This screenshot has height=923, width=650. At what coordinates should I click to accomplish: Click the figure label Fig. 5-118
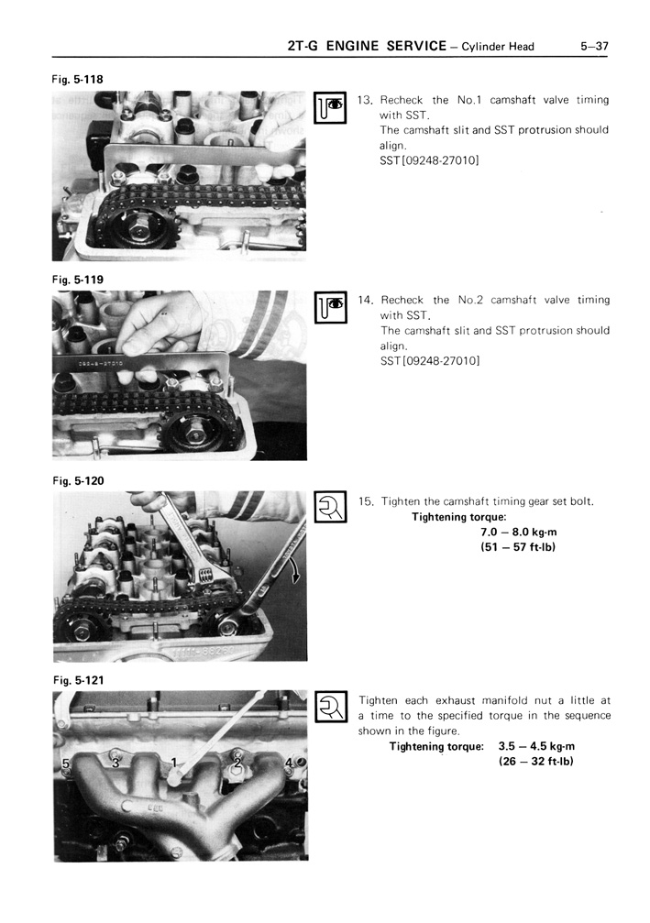pyautogui.click(x=77, y=79)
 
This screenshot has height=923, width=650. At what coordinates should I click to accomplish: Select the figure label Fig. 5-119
pyautogui.click(x=77, y=279)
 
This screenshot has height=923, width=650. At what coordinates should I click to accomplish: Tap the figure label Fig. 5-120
pyautogui.click(x=77, y=479)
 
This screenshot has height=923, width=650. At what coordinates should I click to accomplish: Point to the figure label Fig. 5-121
pyautogui.click(x=77, y=679)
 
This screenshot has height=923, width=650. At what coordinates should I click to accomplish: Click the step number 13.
pyautogui.click(x=365, y=100)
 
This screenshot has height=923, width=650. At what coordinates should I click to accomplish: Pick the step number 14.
pyautogui.click(x=365, y=300)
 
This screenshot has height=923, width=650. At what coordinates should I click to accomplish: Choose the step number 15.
pyautogui.click(x=365, y=500)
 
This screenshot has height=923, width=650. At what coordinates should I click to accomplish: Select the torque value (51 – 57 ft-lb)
pyautogui.click(x=518, y=547)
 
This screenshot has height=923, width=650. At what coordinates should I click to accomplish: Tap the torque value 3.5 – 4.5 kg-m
pyautogui.click(x=535, y=746)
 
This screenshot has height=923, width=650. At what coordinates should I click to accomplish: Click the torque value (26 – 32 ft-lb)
pyautogui.click(x=535, y=762)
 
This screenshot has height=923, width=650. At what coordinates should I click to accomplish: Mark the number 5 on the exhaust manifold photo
pyautogui.click(x=65, y=764)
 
